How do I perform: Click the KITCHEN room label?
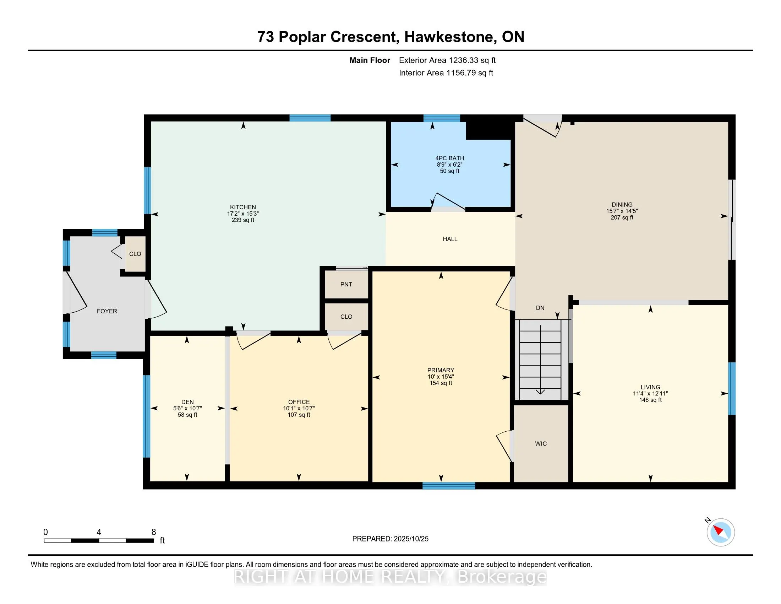(243, 207)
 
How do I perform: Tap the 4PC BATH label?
(449, 158)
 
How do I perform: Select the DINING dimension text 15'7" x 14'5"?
(622, 211)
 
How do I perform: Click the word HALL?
(450, 239)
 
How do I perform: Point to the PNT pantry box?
(346, 285)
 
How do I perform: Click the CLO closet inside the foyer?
(135, 254)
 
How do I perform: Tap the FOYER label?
(107, 311)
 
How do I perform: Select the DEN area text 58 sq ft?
(187, 415)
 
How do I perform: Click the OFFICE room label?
(299, 402)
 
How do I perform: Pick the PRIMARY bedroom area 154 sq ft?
(441, 383)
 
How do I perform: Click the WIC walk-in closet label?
(541, 444)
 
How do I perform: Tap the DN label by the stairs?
(540, 308)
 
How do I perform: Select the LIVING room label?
(650, 387)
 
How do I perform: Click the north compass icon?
(720, 532)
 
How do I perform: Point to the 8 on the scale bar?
(154, 532)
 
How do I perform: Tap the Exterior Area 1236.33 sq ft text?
(447, 60)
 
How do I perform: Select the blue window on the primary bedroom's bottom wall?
(448, 486)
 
